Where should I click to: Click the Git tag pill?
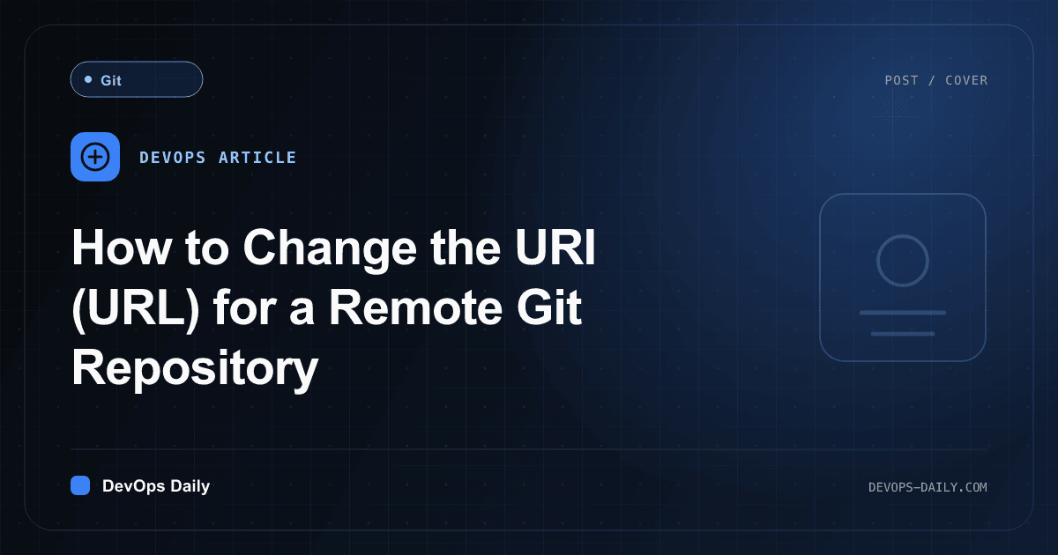pos(137,79)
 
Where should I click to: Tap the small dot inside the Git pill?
pos(88,79)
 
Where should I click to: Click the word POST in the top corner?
pos(901,80)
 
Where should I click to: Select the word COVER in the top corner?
pos(966,80)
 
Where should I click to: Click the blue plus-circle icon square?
pos(95,157)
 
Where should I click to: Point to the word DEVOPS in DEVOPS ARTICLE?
pos(173,157)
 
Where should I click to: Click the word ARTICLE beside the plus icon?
pos(257,157)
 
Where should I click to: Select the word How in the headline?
pos(122,248)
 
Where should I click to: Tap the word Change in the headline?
pos(330,249)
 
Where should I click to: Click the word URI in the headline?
pos(555,247)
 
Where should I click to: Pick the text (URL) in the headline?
pos(136,308)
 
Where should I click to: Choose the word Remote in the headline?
pos(415,307)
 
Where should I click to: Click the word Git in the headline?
pos(548,307)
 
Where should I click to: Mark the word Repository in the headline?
pos(195,368)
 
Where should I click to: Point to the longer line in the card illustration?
pos(903,313)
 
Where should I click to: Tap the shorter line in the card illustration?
pos(903,334)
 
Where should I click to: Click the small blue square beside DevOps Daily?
pos(80,485)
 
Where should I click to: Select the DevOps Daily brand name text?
pos(156,486)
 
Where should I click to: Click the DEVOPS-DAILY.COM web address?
pos(928,487)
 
